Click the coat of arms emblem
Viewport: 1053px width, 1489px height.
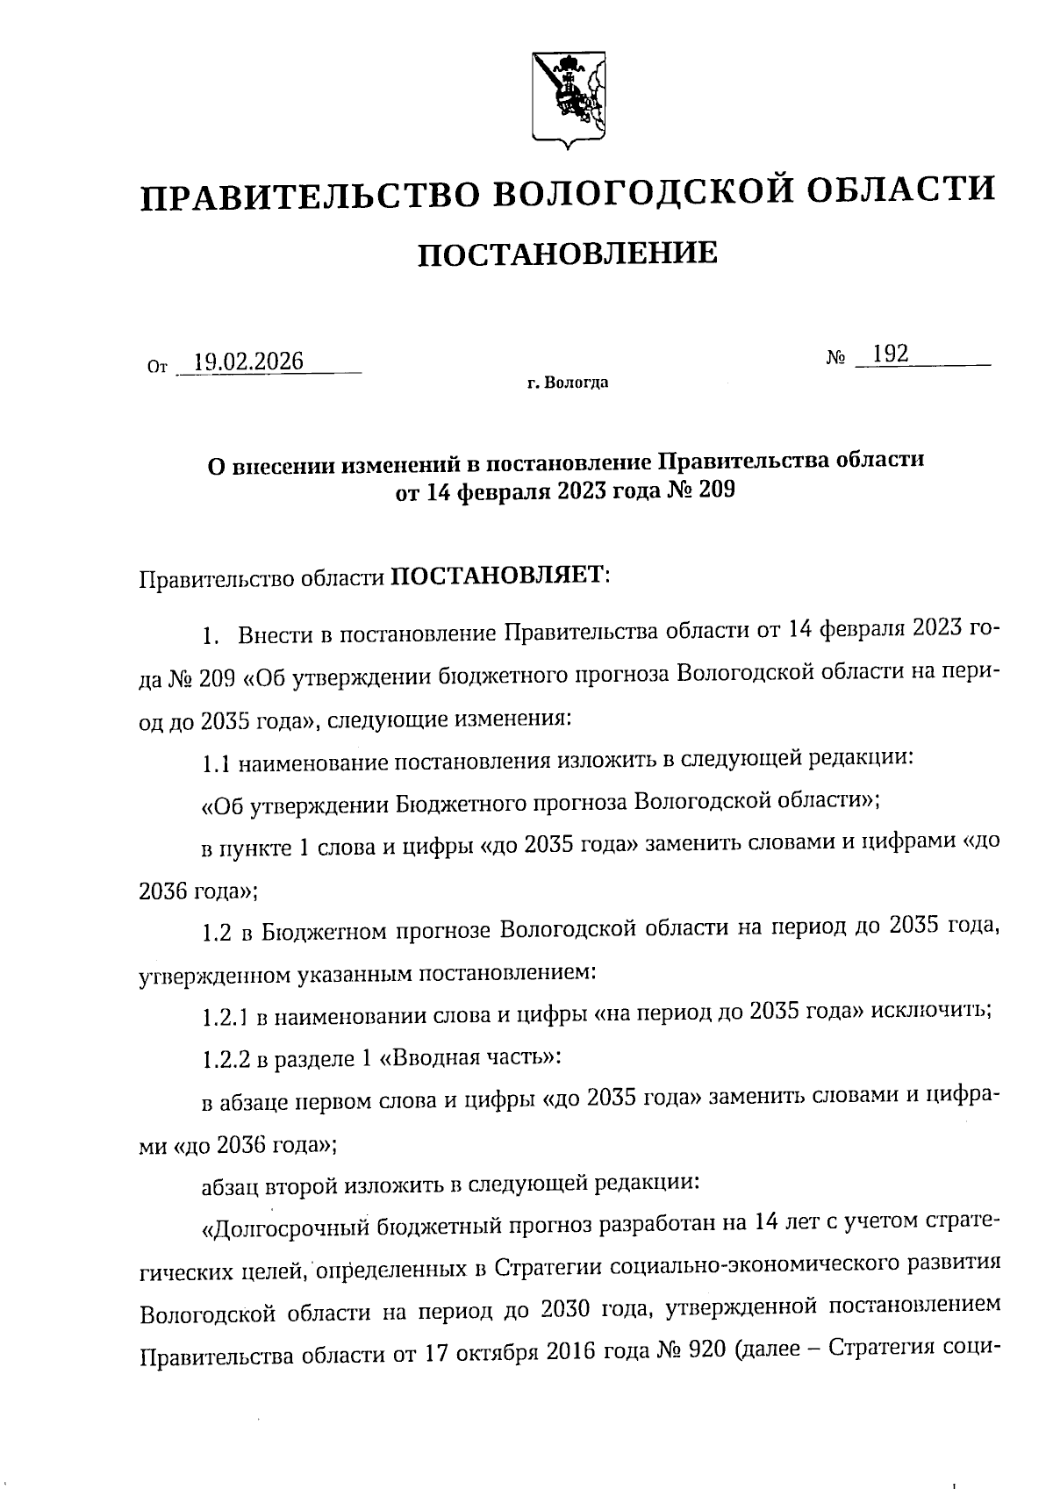click(569, 97)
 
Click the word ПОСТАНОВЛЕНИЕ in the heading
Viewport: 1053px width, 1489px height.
click(567, 254)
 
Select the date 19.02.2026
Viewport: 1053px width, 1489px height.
click(248, 362)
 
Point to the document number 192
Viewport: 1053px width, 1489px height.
click(885, 354)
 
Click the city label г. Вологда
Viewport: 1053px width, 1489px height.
click(568, 383)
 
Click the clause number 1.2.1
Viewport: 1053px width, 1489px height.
click(226, 1018)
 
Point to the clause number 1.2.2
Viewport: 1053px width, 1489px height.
click(226, 1059)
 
